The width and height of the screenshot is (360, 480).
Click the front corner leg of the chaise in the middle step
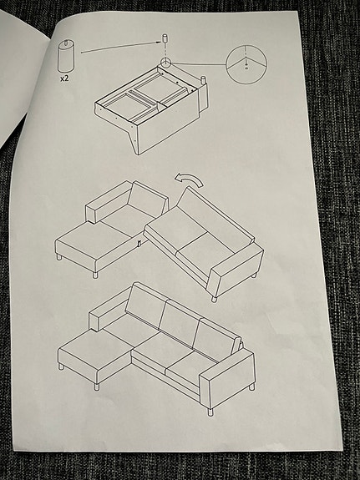[95, 273]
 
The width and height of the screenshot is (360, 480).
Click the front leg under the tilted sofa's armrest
[215, 297]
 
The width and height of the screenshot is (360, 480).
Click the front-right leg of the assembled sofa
[209, 411]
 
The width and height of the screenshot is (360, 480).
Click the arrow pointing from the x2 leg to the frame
[118, 48]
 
